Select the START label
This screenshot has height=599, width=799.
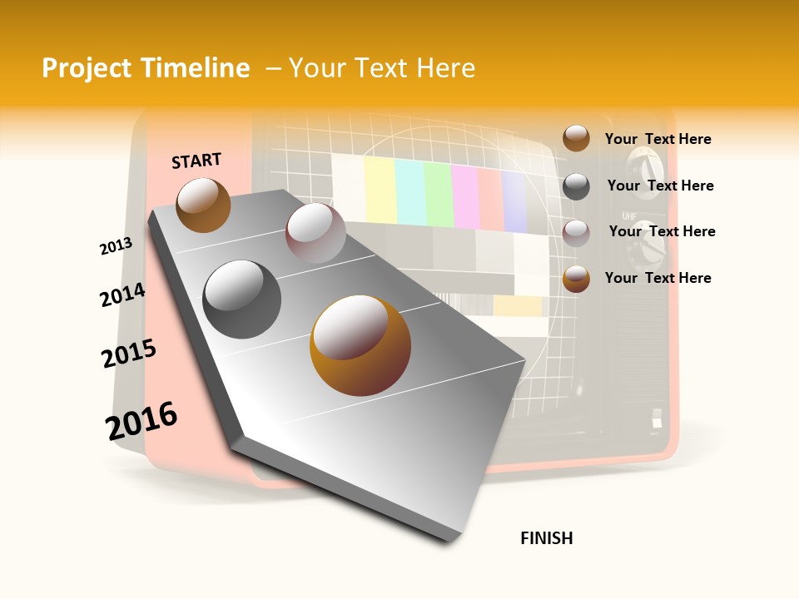(196, 161)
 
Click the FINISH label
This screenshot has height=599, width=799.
(547, 538)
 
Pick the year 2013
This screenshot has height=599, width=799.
(116, 246)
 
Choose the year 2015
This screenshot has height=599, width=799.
(129, 354)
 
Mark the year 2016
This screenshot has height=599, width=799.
(141, 421)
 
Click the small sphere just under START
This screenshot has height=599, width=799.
(203, 205)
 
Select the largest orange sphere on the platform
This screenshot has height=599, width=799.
(360, 345)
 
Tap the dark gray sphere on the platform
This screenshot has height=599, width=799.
(242, 299)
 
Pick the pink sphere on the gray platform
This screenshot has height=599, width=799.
(315, 233)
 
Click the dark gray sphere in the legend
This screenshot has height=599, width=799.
(576, 186)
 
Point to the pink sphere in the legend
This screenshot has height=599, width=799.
(576, 233)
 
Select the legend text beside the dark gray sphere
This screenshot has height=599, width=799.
(660, 186)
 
